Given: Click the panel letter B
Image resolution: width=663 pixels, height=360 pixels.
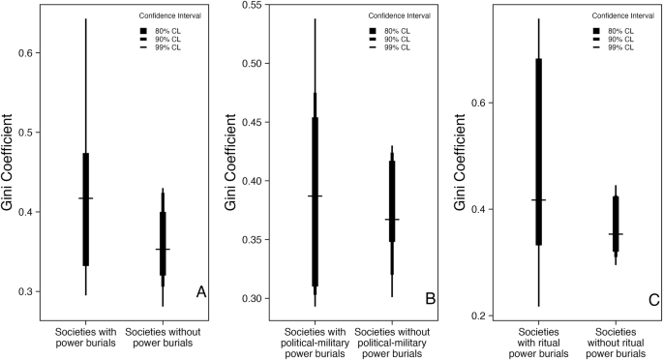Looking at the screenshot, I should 430,299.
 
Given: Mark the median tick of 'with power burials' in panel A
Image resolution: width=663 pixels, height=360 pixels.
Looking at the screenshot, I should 85,198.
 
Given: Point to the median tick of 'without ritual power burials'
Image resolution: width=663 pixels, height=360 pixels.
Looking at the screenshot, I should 615,234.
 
